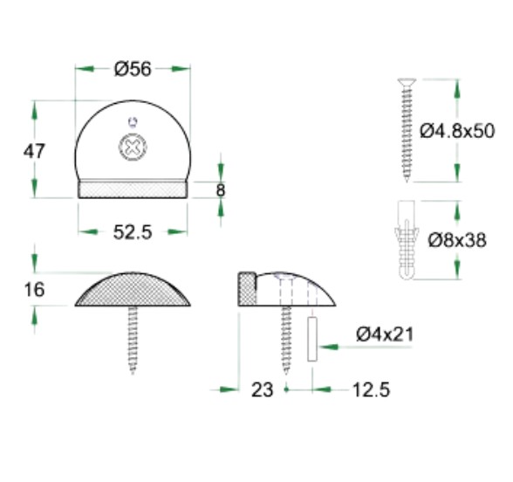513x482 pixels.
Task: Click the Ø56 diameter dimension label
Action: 133,69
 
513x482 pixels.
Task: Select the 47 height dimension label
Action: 34,151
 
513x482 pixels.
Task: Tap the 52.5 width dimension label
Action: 133,232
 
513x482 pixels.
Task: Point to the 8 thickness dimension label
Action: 221,190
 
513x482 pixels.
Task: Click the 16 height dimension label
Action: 34,290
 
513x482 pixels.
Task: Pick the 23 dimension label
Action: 262,389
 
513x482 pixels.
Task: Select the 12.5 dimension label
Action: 371,389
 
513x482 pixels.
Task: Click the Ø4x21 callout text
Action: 385,334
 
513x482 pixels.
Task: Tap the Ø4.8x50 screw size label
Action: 457,131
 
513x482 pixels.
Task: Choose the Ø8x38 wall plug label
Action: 457,240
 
